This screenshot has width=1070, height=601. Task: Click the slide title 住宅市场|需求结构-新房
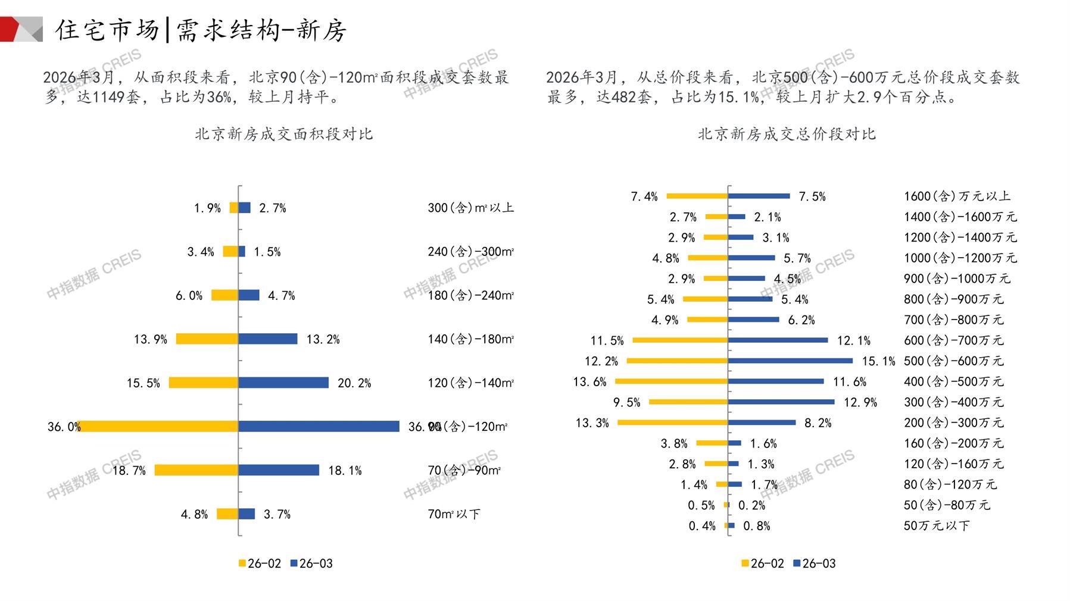click(201, 30)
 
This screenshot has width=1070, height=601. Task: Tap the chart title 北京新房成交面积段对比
click(283, 134)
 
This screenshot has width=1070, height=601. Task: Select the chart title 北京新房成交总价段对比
click(787, 134)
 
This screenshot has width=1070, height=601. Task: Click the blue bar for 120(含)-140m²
click(283, 383)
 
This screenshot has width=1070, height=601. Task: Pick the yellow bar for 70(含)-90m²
click(196, 470)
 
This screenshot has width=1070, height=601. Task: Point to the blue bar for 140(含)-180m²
click(268, 339)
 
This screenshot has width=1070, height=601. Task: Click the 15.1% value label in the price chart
click(878, 361)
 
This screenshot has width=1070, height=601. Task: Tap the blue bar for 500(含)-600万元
click(790, 361)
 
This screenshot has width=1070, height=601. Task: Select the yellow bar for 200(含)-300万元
click(672, 422)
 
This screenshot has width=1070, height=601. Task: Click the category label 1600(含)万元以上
click(957, 196)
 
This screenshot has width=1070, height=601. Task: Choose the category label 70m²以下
click(454, 514)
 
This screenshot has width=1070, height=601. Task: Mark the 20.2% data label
click(354, 383)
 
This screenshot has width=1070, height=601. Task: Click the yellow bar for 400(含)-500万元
click(671, 381)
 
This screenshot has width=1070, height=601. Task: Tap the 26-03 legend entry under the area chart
click(311, 564)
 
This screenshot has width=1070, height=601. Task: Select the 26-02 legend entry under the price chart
click(763, 564)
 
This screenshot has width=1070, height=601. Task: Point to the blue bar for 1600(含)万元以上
click(759, 196)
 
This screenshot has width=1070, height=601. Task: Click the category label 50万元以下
click(936, 526)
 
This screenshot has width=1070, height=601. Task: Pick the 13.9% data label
click(150, 340)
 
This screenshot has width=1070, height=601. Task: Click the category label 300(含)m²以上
click(470, 208)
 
